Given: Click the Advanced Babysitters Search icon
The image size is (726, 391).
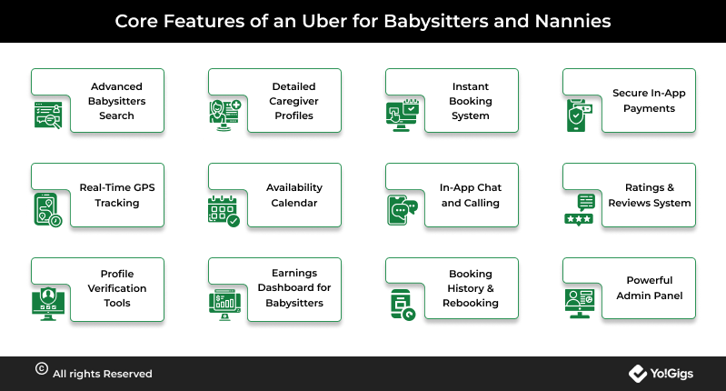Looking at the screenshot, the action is [x=48, y=115].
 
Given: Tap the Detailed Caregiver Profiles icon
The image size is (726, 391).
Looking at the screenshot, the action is [x=225, y=115].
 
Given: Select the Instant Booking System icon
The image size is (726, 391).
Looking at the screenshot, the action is [x=403, y=115].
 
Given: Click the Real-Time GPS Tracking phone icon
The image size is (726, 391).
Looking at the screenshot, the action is [x=47, y=210].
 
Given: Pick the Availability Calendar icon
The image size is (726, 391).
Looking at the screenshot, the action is [x=224, y=211].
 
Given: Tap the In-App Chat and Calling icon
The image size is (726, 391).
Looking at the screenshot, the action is [x=403, y=210].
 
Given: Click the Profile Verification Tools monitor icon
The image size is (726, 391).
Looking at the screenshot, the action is [x=48, y=305].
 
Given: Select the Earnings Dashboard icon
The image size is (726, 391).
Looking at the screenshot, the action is [x=225, y=305].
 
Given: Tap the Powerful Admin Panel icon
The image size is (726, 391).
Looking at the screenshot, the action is [x=579, y=304].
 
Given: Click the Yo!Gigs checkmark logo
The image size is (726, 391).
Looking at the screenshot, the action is [x=638, y=374].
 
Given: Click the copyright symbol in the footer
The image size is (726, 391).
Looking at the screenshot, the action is [x=42, y=369].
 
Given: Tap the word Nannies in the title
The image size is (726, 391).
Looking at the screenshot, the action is [x=572, y=21].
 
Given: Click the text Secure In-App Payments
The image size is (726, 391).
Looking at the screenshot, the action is [x=649, y=101].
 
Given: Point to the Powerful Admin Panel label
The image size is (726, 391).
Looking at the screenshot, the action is [x=649, y=287].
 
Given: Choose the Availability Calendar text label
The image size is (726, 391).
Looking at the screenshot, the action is [x=294, y=195].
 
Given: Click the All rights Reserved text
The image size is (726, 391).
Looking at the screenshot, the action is [x=103, y=374].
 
